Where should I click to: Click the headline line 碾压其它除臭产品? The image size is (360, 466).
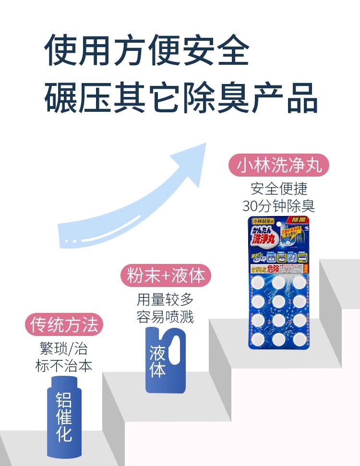(x=181, y=97)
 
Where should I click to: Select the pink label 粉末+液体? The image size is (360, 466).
(x=166, y=275)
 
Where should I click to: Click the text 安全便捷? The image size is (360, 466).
(x=278, y=188)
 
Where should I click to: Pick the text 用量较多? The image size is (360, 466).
(x=165, y=299)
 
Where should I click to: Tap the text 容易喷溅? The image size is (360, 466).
(x=165, y=317)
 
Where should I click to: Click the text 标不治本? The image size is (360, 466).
(x=64, y=366)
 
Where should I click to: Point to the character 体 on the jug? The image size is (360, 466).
(x=158, y=370)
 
